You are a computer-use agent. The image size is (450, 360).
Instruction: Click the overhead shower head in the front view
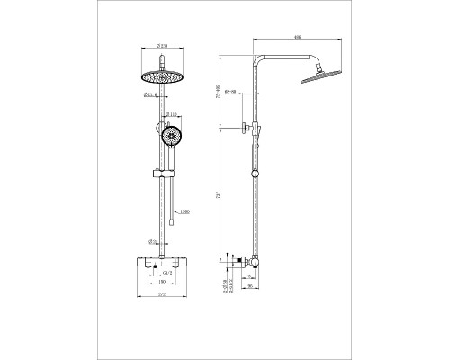[161, 75]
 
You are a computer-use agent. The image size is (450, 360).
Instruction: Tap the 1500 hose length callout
[185, 211]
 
